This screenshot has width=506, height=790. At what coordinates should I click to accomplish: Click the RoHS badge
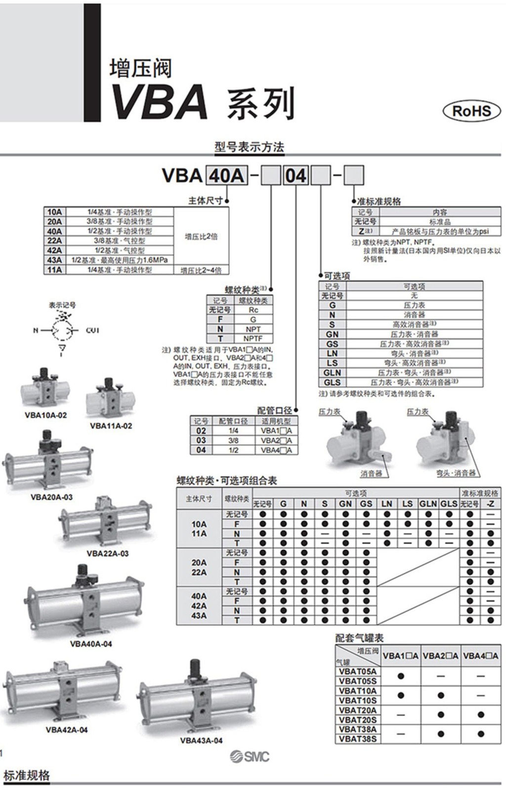[x=471, y=110]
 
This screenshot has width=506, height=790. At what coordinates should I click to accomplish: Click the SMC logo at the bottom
[x=250, y=756]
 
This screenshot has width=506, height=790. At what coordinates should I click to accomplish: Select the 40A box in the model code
[x=226, y=176]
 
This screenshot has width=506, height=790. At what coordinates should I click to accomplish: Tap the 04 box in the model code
[x=295, y=176]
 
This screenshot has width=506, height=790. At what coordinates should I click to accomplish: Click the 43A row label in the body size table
[x=54, y=260]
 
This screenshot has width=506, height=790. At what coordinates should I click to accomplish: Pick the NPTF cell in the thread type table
[x=253, y=339]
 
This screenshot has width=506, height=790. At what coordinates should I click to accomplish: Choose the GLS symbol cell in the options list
[x=332, y=382]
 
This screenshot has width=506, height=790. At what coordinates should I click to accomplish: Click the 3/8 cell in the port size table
[x=233, y=440]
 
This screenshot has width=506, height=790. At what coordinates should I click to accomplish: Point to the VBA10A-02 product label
[x=45, y=415]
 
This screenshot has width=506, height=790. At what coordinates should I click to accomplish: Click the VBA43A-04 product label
[x=201, y=740]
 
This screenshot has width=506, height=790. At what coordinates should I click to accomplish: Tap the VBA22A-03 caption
[x=107, y=553]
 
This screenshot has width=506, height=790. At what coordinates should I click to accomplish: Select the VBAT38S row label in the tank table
[x=358, y=739]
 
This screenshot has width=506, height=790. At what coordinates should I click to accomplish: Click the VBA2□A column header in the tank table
[x=441, y=656]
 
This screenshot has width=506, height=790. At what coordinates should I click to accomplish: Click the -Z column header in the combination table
[x=490, y=504]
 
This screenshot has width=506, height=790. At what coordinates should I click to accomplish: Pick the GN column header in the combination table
[x=345, y=504]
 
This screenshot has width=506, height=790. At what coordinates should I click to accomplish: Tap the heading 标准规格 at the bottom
[x=27, y=775]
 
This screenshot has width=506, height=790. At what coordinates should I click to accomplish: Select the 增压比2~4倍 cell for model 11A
[x=201, y=270]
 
